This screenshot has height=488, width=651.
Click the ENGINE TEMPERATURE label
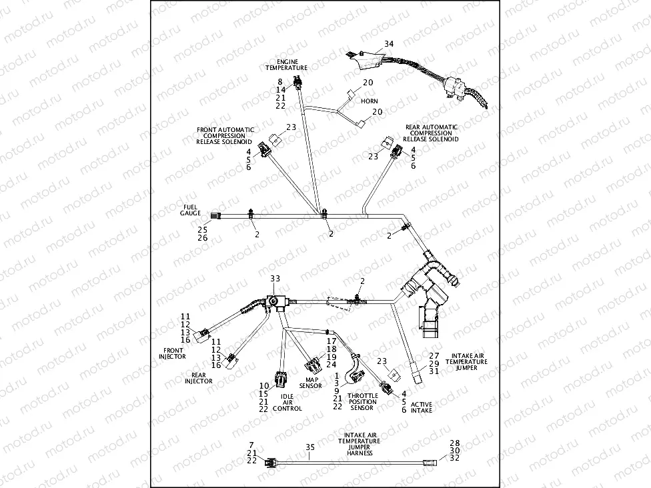286,65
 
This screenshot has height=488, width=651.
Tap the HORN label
369,101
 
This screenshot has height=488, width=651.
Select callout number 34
389,45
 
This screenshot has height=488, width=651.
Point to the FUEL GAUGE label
190,210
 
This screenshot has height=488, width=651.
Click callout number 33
275,278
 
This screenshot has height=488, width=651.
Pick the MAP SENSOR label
310,383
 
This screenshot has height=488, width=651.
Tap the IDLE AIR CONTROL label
287,402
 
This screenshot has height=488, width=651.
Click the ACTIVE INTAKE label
421,407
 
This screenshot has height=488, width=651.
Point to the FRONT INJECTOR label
173,353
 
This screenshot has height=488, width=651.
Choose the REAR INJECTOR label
199,378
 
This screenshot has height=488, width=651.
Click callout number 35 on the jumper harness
309,447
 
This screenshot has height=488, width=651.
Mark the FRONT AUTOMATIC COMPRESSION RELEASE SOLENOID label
223,135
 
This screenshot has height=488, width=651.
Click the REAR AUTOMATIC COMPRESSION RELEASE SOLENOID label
432,133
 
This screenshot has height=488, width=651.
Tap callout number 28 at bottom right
455,443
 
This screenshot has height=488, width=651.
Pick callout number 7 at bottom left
251,444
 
